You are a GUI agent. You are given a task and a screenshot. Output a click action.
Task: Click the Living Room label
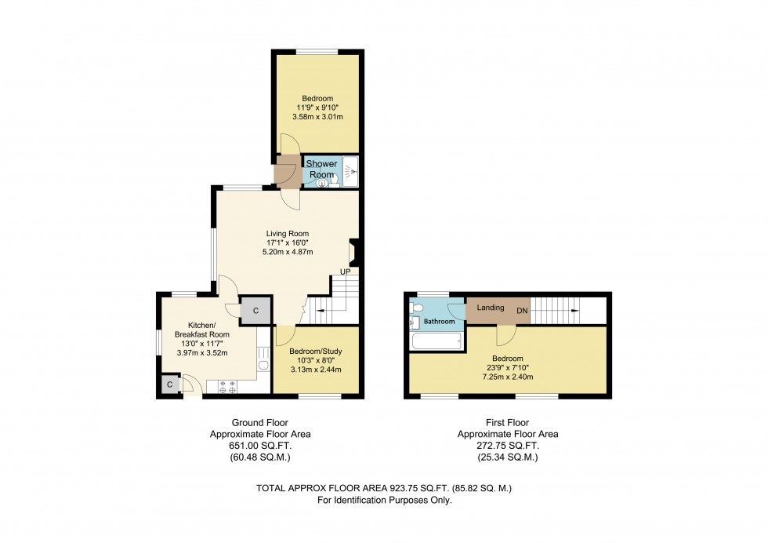[x=287, y=233]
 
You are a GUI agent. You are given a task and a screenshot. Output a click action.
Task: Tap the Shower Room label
[x=321, y=169]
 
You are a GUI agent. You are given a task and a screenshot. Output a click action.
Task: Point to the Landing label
[x=490, y=308]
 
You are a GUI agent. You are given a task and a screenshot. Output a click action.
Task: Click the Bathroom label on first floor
[x=440, y=322]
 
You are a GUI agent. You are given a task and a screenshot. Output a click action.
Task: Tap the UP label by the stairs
[x=345, y=272]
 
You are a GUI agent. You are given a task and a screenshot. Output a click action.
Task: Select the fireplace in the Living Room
[x=353, y=253]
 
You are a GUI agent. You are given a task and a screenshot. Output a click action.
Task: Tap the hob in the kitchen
[x=229, y=386]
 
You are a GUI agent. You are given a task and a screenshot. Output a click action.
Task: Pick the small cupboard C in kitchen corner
[x=169, y=384]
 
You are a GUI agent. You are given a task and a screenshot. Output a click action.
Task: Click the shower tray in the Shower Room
[x=350, y=173]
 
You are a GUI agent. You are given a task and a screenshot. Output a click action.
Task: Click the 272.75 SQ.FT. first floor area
[x=509, y=444]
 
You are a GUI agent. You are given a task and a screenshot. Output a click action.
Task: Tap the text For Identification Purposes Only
[x=384, y=500]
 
